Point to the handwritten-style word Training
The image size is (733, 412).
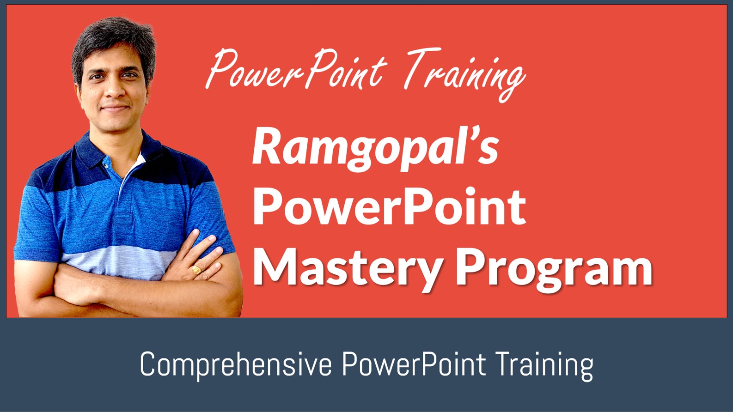click(x=465, y=74)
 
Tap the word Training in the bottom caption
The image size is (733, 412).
click(x=544, y=365)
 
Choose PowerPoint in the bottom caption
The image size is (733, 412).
click(x=414, y=365)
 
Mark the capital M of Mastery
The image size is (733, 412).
click(x=272, y=268)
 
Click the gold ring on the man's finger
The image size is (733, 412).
click(x=196, y=270)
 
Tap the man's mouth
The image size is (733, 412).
click(x=114, y=108)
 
